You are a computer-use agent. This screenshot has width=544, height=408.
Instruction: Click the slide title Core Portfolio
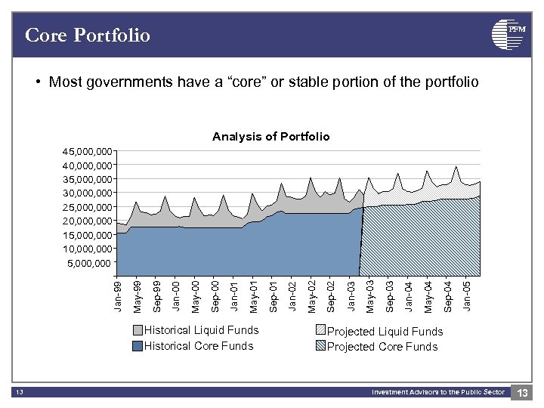click(88, 35)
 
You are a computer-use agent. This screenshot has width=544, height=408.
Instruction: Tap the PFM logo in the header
click(508, 33)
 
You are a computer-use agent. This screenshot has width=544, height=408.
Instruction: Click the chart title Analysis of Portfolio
click(270, 137)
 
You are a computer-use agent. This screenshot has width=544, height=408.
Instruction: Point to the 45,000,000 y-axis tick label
click(87, 152)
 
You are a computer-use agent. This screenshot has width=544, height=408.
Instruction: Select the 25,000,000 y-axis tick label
click(87, 207)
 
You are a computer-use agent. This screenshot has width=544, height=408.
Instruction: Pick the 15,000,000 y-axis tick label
click(87, 235)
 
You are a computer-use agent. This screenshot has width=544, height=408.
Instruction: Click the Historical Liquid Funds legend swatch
click(138, 331)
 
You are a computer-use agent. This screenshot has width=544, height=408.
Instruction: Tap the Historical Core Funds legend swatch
click(138, 346)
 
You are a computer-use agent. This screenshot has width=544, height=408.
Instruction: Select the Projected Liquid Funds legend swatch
click(320, 331)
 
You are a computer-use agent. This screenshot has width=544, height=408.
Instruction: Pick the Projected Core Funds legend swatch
click(320, 346)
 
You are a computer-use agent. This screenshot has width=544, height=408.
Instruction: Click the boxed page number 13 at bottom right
click(522, 392)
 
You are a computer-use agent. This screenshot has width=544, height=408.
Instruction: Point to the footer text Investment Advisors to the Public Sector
click(437, 392)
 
